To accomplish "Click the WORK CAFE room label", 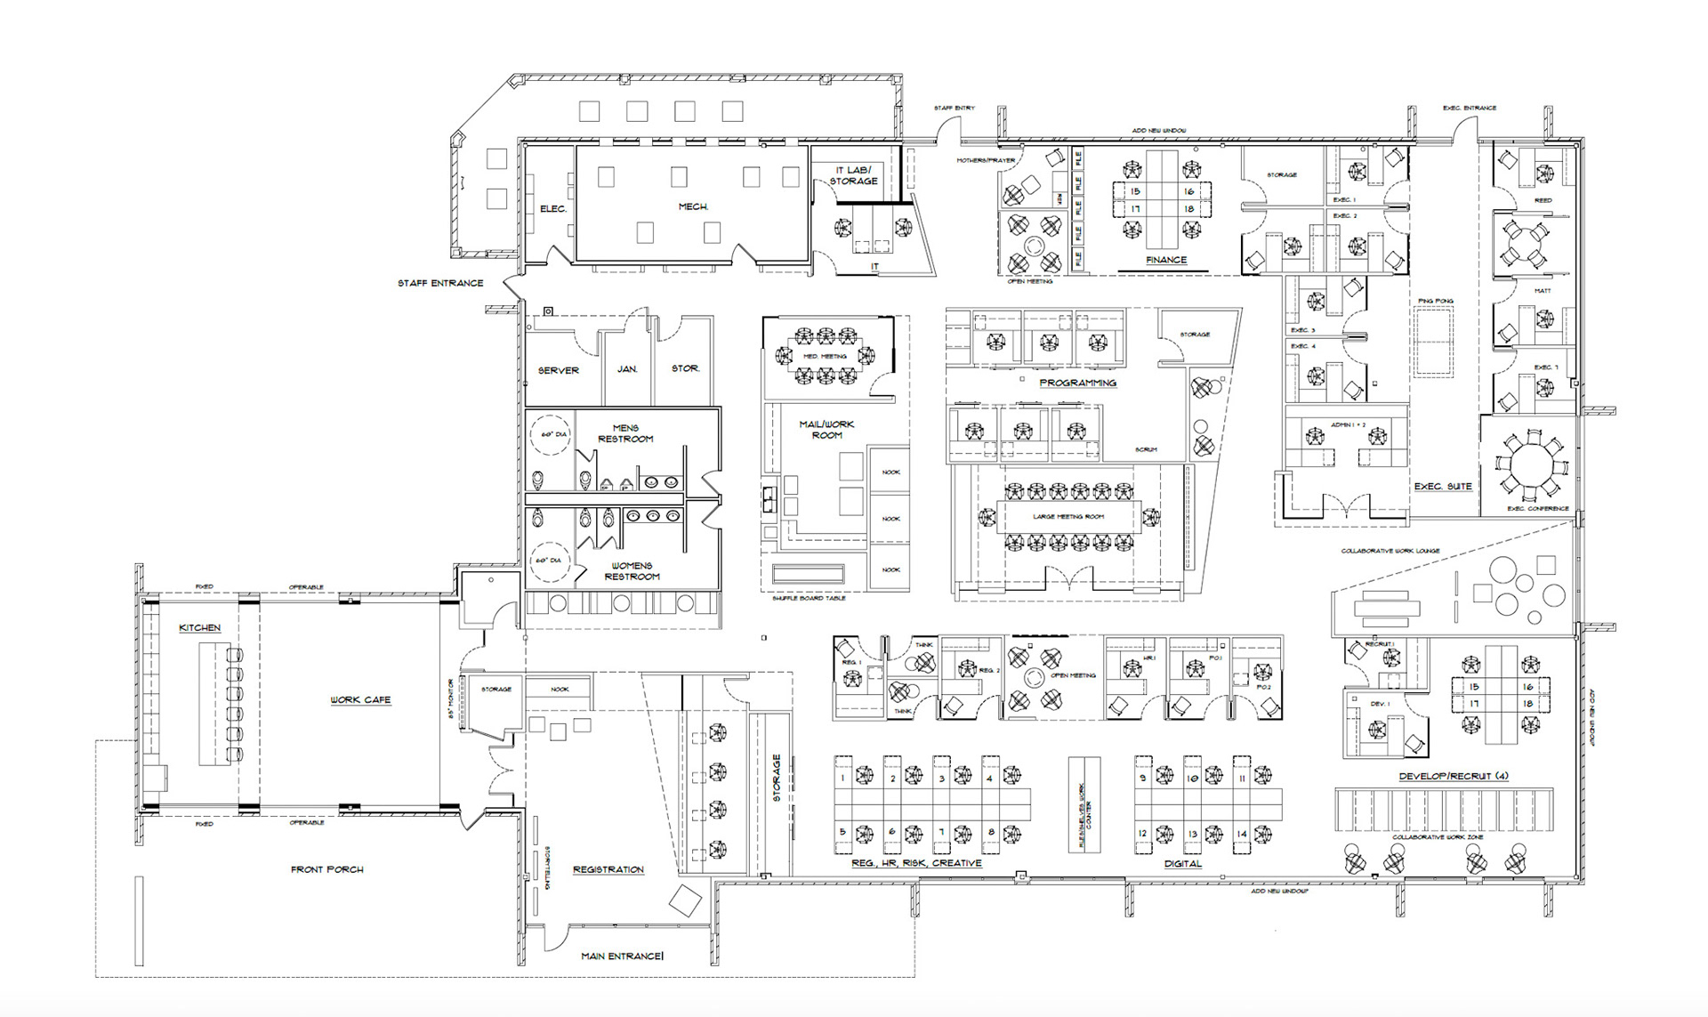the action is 360,700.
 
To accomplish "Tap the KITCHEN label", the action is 200,628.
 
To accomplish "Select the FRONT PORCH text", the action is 327,869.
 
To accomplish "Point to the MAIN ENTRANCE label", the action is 622,956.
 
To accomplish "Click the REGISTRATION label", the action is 608,869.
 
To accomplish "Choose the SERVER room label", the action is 559,370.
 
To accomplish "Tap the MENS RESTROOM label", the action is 625,433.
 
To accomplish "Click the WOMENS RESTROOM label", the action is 632,571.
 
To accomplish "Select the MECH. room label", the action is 693,206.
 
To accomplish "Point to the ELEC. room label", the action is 553,209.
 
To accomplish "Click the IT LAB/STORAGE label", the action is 853,175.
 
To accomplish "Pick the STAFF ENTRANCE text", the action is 440,283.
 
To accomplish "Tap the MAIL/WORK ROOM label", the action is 826,430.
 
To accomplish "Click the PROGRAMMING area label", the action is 1077,383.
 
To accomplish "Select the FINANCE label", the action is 1166,260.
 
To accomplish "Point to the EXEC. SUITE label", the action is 1443,487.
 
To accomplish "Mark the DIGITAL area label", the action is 1183,864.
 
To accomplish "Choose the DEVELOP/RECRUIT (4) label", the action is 1453,776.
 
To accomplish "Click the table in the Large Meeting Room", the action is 1068,517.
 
